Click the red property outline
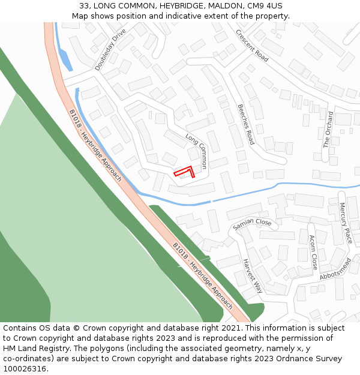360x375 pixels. (185, 172)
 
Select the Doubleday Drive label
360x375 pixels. (110, 49)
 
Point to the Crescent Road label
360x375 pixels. (252, 45)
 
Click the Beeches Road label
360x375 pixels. (246, 124)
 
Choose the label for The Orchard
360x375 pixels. (328, 129)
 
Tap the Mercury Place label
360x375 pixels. (346, 223)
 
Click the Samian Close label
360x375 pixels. (252, 224)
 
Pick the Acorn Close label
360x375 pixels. (313, 251)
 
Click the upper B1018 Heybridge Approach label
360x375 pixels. (95, 145)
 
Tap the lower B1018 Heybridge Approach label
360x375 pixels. (202, 275)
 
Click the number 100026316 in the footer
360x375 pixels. (25, 368)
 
